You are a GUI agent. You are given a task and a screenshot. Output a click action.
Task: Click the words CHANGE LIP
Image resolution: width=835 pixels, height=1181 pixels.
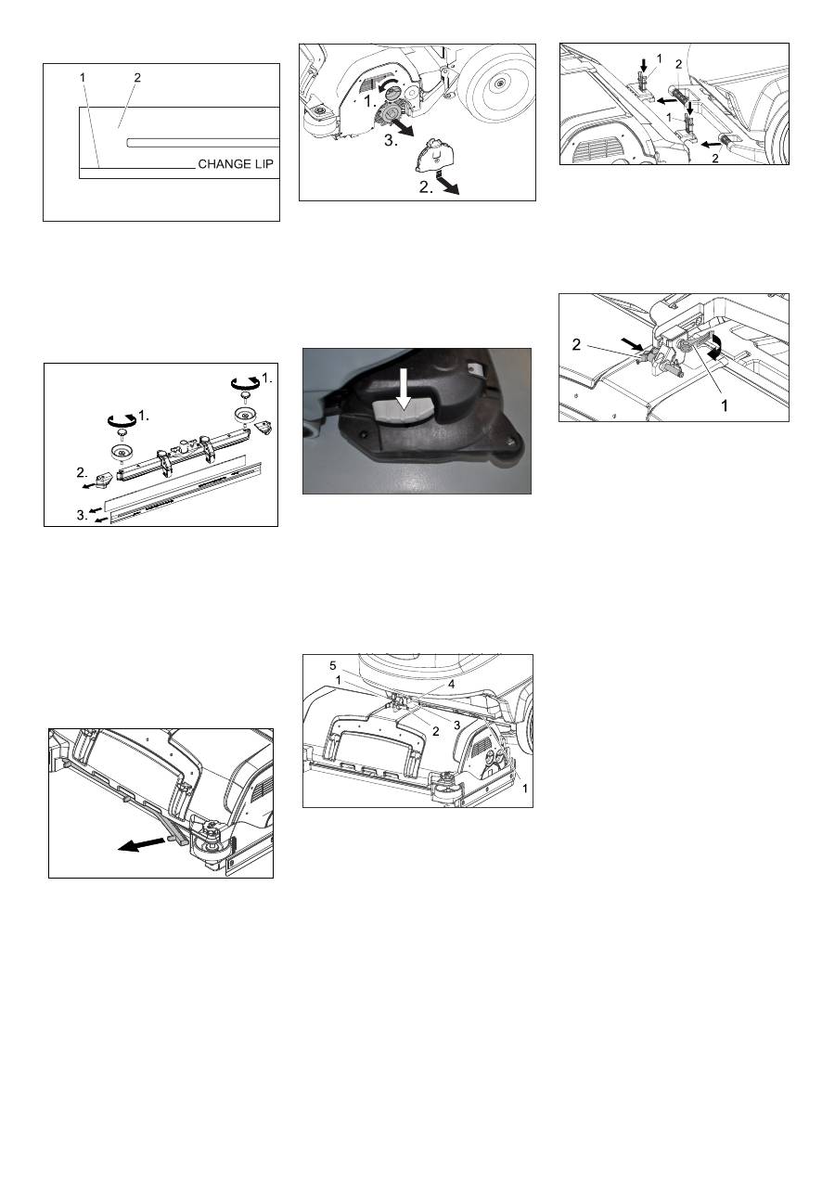(236, 164)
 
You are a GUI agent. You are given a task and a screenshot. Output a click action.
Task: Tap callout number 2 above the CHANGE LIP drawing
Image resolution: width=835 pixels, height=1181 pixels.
(137, 78)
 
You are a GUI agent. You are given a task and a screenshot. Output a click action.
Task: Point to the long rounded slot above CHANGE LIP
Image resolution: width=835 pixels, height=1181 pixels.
(203, 143)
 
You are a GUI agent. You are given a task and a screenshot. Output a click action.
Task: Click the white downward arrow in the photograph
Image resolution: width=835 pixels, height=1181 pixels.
(404, 389)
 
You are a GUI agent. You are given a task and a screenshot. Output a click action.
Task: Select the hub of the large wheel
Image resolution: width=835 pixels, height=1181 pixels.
(499, 83)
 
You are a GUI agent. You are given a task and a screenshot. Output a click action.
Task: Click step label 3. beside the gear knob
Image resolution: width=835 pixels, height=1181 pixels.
(391, 141)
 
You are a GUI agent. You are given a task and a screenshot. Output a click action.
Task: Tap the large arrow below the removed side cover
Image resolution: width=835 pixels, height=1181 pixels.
(447, 186)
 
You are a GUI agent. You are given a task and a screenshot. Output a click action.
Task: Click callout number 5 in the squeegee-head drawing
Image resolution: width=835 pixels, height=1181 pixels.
(333, 666)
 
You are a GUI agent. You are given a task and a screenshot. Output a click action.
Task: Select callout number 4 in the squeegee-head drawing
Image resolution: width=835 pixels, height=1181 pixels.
(451, 685)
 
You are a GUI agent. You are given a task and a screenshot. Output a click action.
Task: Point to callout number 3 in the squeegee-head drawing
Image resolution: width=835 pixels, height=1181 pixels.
(457, 725)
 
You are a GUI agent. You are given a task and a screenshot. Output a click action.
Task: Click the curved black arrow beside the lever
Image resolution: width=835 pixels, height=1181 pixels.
(714, 349)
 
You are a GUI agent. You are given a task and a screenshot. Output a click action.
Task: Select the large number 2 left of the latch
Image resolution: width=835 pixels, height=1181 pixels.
(576, 345)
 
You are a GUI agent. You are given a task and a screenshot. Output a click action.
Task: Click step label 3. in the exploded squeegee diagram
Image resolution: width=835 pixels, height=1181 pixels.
(83, 515)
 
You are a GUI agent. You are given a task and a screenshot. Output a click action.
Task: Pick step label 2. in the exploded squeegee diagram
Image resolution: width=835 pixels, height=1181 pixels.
(83, 472)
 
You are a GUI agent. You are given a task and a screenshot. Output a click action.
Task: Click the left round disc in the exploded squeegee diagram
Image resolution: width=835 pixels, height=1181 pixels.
(122, 453)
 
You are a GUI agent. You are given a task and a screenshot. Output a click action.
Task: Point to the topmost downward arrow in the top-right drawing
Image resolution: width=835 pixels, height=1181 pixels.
(643, 65)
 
